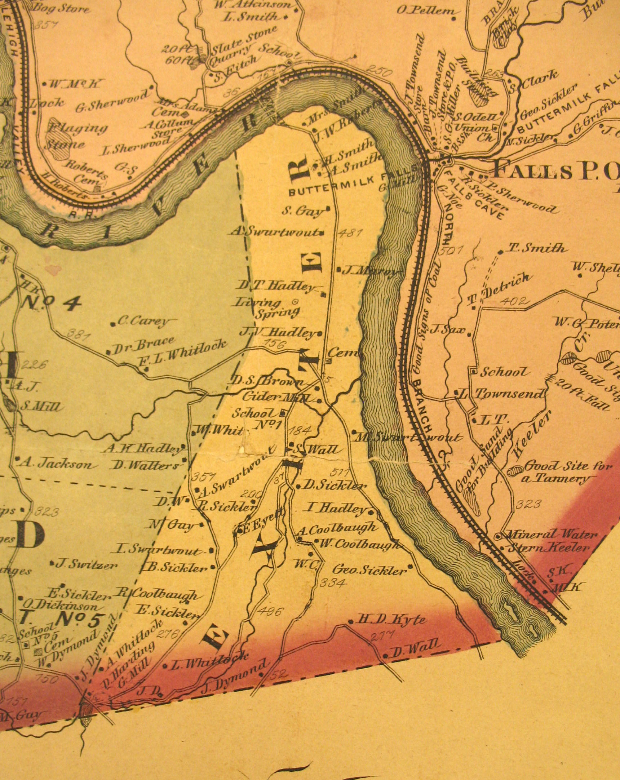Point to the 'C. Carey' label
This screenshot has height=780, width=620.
(144, 321)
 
